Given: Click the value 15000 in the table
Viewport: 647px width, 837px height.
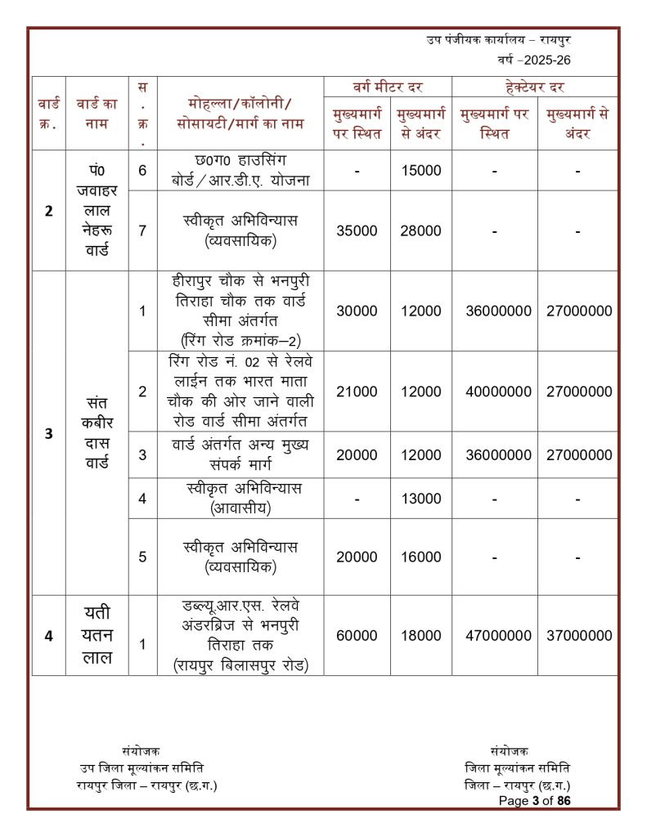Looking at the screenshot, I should [x=420, y=171].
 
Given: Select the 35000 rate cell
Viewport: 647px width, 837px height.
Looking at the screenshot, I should [x=357, y=231].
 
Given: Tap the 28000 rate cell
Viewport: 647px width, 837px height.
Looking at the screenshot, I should [x=420, y=231].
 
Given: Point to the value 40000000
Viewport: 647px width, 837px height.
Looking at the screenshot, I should [x=498, y=392].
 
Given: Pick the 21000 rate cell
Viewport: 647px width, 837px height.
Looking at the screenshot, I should [x=357, y=392].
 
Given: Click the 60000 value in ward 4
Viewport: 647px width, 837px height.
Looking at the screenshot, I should [x=357, y=635].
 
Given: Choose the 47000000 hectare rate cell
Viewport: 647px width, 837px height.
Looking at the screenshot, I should [x=498, y=635].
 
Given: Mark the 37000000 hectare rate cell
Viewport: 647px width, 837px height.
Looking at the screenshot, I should [x=579, y=635].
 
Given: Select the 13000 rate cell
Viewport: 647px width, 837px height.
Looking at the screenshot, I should [x=420, y=499].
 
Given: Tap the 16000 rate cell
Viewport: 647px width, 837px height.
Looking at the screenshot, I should [x=420, y=557].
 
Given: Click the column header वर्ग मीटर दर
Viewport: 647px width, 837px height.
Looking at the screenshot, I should [x=389, y=87].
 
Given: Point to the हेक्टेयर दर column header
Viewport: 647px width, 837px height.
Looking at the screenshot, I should [x=535, y=87].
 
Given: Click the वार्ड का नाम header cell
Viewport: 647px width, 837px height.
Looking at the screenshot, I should [x=97, y=114].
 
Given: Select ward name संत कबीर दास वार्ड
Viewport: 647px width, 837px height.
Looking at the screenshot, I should [x=97, y=434].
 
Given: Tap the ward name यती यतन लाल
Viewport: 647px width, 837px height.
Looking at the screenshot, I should [x=97, y=635].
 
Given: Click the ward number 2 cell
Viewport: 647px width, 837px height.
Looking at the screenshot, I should [x=49, y=211].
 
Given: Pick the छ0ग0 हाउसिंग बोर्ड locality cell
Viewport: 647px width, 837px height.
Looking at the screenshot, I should [x=241, y=170].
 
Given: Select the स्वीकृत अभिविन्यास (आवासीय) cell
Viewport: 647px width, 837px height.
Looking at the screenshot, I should [x=241, y=499].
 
